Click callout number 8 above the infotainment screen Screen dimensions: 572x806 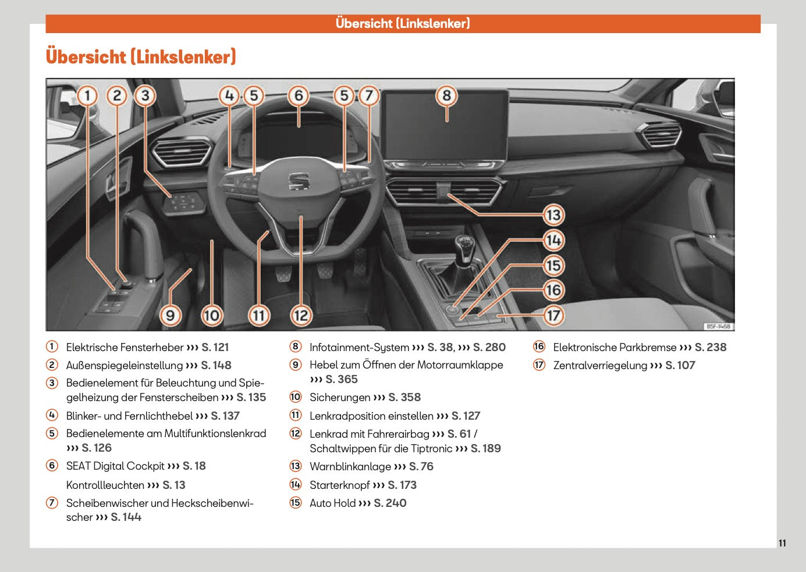[x=446, y=95]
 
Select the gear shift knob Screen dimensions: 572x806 [x=464, y=246]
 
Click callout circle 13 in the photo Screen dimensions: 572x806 [x=553, y=215]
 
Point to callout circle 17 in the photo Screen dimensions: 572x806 [x=553, y=316]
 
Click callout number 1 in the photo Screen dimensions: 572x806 [x=87, y=95]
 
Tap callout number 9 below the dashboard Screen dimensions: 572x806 [x=170, y=316]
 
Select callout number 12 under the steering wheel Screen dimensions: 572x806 [x=300, y=316]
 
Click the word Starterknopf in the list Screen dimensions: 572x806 [x=339, y=485]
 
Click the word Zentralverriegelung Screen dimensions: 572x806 [x=599, y=365]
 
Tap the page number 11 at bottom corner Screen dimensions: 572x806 [x=782, y=543]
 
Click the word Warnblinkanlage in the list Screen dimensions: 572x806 [x=350, y=466]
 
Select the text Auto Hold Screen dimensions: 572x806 [x=332, y=503]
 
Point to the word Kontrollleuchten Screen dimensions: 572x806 [x=105, y=485]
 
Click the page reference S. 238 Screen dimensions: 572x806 [x=711, y=347]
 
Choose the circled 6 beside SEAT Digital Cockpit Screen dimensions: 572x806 [x=52, y=466]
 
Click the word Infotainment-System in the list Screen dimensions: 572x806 [x=359, y=347]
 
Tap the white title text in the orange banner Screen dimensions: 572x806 [x=403, y=23]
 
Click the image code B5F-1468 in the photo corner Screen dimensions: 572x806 [x=718, y=326]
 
